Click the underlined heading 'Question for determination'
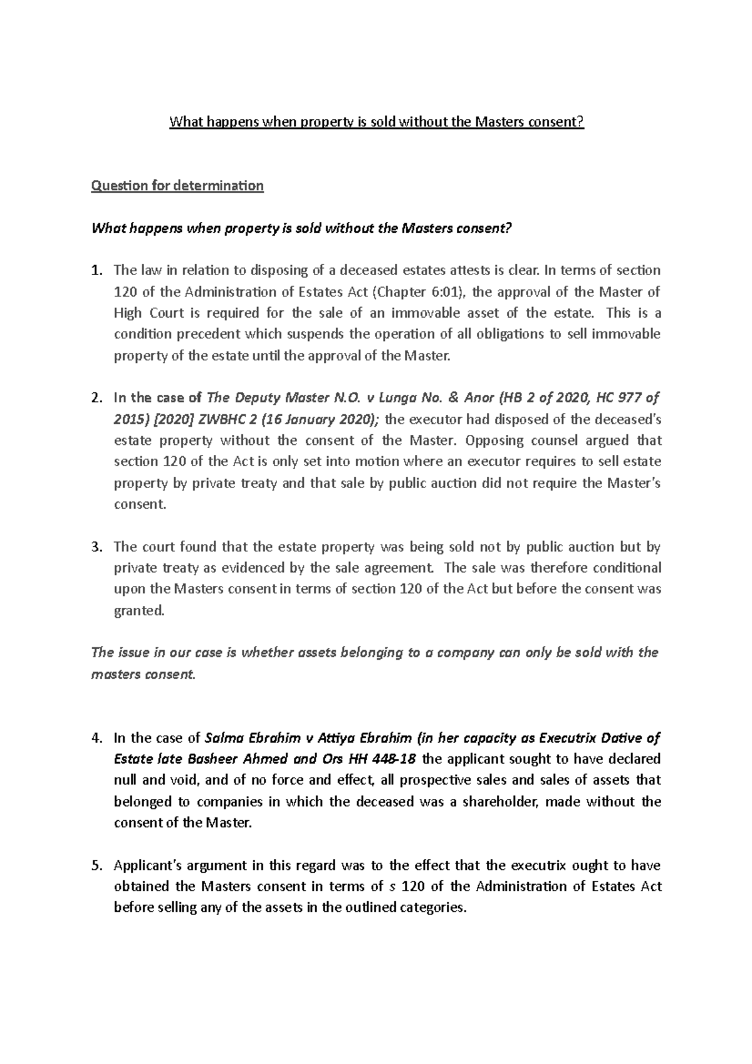coord(177,186)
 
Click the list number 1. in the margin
coord(96,271)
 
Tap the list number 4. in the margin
coord(96,738)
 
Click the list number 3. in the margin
coord(96,547)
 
